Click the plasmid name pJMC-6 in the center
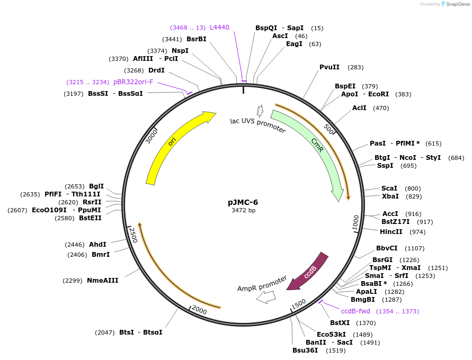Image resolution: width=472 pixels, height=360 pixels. [243, 202]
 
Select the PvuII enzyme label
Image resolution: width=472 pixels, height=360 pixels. [329, 67]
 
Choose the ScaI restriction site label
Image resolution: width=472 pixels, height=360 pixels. [389, 188]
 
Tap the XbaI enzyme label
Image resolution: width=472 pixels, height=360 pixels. [390, 196]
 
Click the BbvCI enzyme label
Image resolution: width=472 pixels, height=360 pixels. [387, 248]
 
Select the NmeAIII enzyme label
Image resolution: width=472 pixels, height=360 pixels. [103, 281]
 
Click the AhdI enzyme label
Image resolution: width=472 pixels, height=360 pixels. [97, 245]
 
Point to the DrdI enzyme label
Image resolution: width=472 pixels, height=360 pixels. [156, 70]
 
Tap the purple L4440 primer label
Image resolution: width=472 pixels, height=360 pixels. [219, 27]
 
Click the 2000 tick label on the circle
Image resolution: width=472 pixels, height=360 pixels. [199, 310]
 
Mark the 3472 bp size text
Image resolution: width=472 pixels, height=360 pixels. [243, 210]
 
